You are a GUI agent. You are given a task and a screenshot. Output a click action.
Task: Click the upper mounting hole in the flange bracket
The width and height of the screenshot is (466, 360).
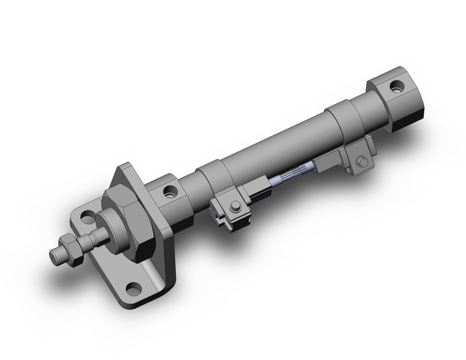88,216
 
